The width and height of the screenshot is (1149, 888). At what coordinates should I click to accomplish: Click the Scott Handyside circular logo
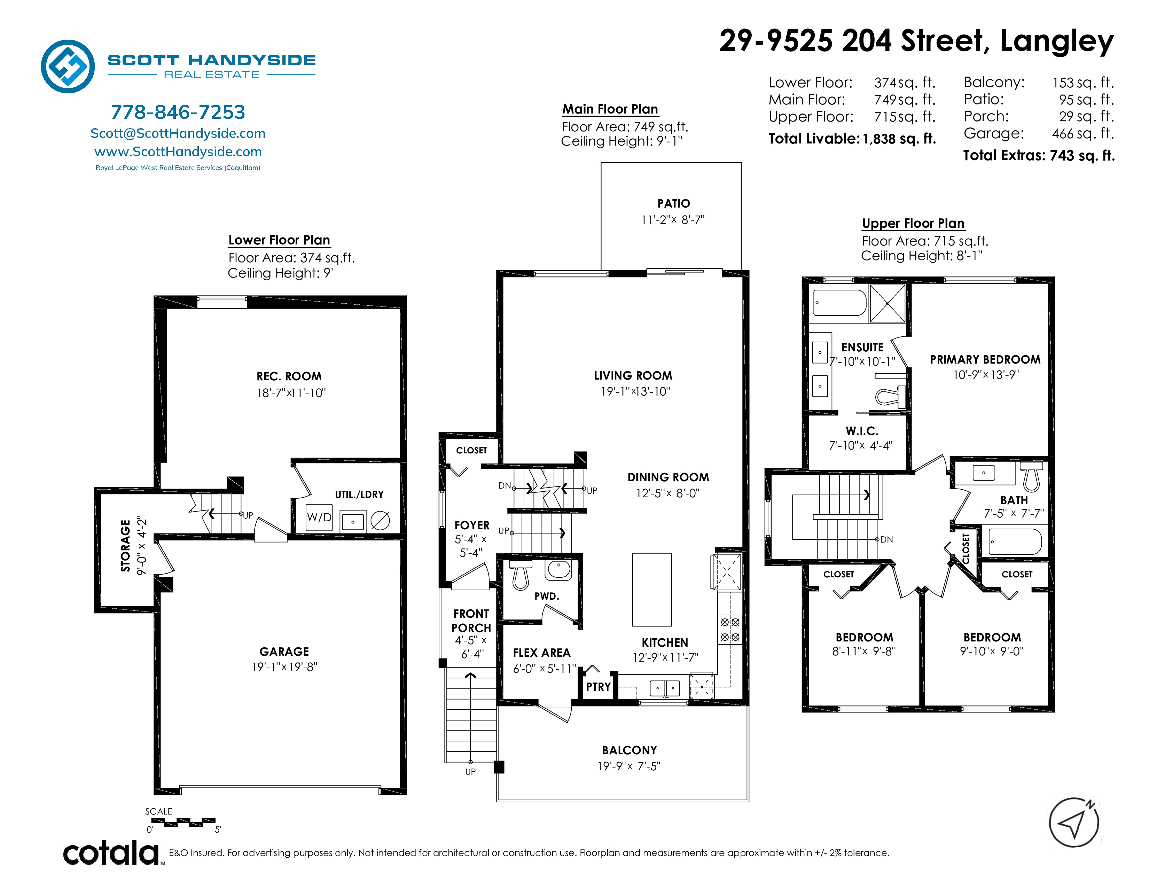(x=68, y=66)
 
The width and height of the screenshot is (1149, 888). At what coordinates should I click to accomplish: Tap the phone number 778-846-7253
(x=178, y=112)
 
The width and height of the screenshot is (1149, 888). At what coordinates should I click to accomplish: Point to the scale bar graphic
(x=182, y=822)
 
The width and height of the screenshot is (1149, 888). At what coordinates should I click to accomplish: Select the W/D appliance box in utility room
(x=319, y=517)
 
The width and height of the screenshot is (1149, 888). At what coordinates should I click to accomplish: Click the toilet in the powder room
(x=520, y=575)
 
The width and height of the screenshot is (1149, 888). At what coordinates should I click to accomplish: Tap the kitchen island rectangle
(x=652, y=589)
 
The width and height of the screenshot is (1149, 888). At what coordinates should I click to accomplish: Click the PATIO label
(x=673, y=204)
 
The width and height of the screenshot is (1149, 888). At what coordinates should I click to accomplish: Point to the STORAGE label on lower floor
(x=125, y=546)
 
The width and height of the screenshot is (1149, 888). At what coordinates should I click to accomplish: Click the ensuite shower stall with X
(x=888, y=304)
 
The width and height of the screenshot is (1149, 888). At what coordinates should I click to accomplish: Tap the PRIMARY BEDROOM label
(x=985, y=360)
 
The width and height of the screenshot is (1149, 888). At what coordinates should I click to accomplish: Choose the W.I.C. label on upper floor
(x=862, y=431)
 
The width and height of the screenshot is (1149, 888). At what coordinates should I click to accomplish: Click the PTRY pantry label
(x=598, y=687)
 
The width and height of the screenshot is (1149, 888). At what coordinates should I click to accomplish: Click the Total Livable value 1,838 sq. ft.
(x=899, y=139)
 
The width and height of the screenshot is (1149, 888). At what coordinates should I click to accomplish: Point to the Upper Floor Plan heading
(x=913, y=224)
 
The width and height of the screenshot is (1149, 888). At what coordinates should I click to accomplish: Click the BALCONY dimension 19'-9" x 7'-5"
(x=629, y=766)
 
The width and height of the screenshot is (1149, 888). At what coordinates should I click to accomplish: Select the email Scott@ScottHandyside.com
(x=178, y=134)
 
